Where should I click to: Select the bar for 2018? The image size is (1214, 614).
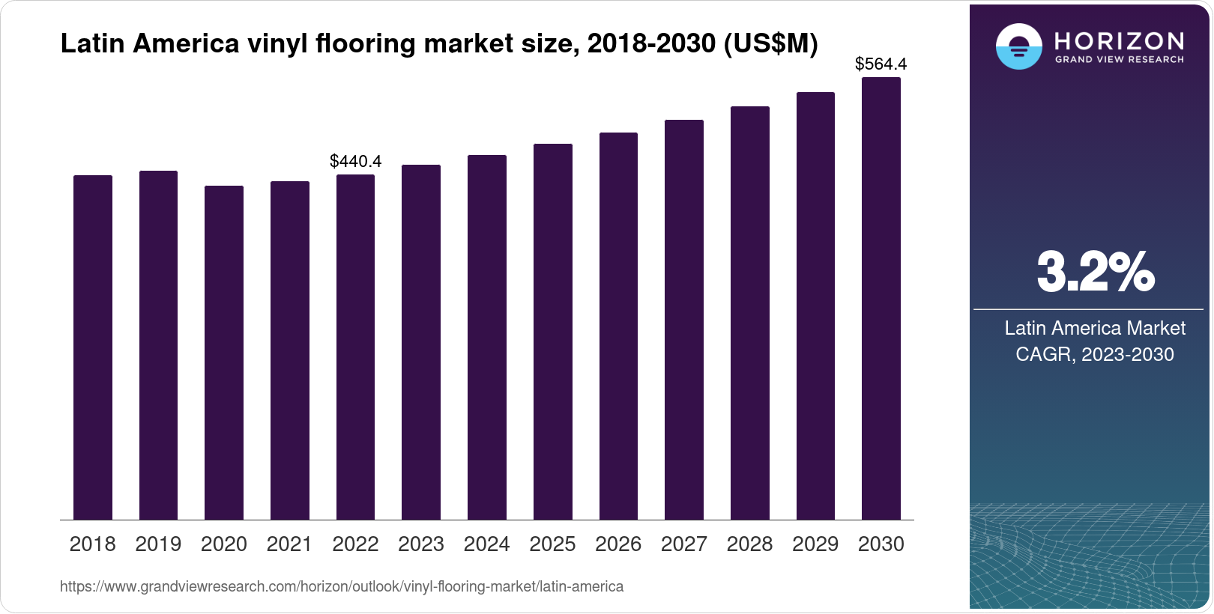click(93, 347)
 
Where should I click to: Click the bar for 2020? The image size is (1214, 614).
click(224, 353)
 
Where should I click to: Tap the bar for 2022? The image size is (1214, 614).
click(355, 347)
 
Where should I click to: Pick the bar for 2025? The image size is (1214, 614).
click(553, 332)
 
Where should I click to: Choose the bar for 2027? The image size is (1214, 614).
click(684, 320)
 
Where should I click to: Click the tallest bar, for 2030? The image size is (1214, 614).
click(881, 299)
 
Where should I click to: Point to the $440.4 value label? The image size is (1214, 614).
click(356, 161)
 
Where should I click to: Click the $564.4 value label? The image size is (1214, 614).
click(881, 64)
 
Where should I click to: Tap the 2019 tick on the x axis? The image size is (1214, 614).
click(158, 544)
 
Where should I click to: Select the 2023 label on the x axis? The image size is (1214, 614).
click(421, 544)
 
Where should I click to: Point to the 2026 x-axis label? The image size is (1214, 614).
click(618, 544)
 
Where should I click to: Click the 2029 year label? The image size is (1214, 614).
click(815, 544)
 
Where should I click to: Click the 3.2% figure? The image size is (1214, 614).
click(1096, 273)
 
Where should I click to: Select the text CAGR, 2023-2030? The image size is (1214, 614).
click(1095, 354)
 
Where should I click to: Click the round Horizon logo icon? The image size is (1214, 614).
click(1018, 46)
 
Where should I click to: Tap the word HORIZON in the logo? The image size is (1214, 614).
click(1120, 40)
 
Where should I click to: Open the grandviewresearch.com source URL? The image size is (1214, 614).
click(342, 587)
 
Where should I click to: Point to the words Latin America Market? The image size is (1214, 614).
click(1095, 328)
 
